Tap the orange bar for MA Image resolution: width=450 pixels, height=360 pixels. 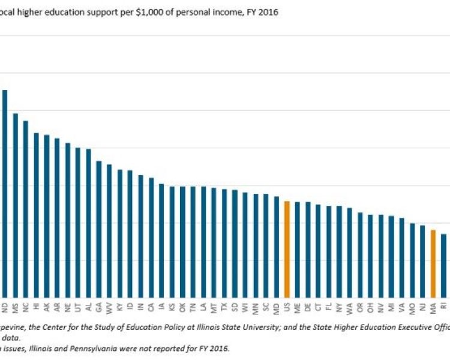coord(433,264)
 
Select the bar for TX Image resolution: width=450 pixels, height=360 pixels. coord(224,244)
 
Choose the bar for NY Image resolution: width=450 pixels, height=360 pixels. coord(339,252)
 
